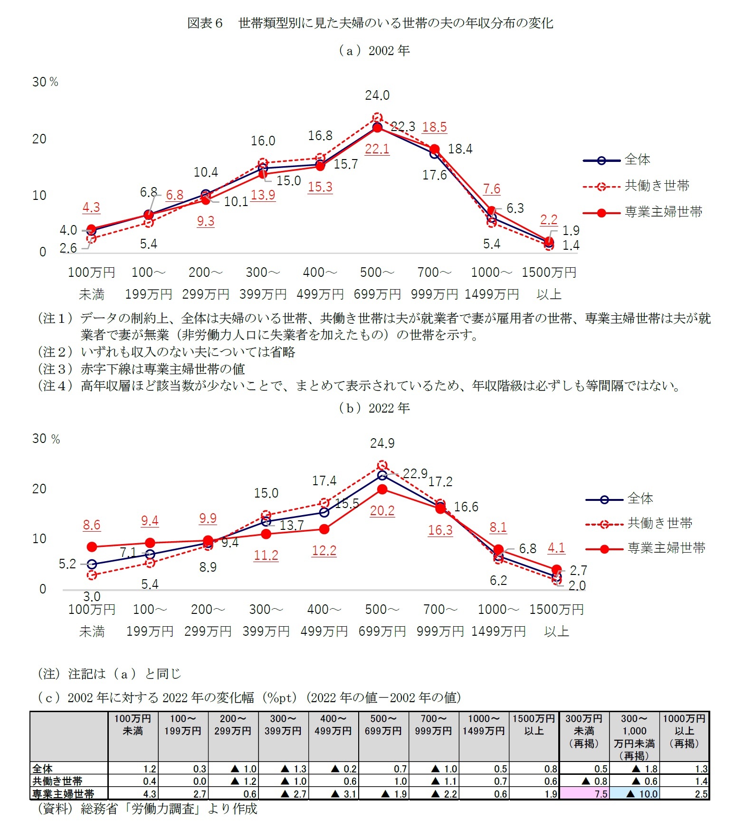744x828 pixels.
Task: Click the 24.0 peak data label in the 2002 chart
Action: click(377, 95)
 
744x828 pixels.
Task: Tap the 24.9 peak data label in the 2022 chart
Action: click(382, 443)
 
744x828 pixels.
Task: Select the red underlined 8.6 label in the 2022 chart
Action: click(92, 525)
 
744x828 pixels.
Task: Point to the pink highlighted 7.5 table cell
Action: click(584, 794)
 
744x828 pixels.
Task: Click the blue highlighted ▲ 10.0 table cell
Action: click(635, 794)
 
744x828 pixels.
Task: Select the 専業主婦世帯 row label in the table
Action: click(63, 794)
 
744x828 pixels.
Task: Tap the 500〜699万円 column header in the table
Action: click(383, 725)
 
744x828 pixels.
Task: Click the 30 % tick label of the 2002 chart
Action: click(45, 82)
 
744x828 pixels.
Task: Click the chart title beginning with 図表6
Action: click(370, 23)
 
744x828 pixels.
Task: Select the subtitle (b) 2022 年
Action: click(373, 408)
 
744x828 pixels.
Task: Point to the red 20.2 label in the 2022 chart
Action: click(382, 511)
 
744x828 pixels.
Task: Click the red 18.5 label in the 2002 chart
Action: click(434, 127)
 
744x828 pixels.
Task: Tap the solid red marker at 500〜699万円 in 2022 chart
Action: click(382, 489)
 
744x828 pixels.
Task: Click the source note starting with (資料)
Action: click(147, 809)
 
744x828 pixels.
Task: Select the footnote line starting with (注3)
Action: click(141, 369)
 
